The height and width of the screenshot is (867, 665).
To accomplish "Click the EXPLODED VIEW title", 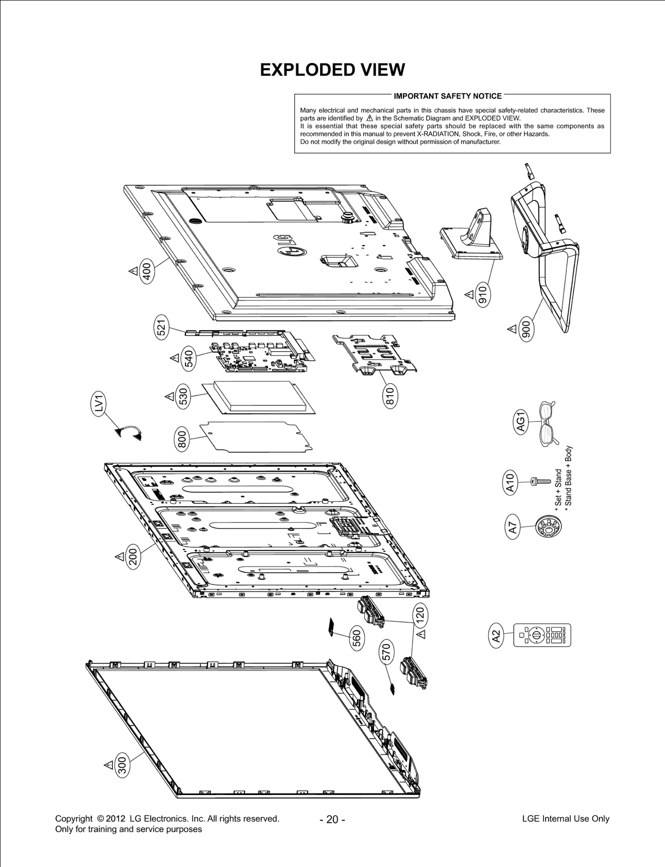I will (332, 70).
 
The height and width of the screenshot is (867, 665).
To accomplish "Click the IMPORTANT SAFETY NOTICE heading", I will (448, 96).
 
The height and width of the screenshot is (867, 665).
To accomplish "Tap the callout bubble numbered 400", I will (147, 270).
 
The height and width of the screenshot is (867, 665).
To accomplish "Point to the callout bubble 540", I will (189, 358).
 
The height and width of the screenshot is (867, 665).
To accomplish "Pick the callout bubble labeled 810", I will (389, 396).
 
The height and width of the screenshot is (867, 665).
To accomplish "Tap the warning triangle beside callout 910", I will (469, 295).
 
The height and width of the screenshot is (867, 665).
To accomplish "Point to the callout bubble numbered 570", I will (387, 653).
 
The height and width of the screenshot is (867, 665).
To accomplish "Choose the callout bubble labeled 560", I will (357, 639).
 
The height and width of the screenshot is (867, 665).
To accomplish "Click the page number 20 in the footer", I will (332, 819).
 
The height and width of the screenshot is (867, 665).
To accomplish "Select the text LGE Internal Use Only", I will (565, 819).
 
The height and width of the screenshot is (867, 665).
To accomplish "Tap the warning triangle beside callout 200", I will (120, 556).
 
